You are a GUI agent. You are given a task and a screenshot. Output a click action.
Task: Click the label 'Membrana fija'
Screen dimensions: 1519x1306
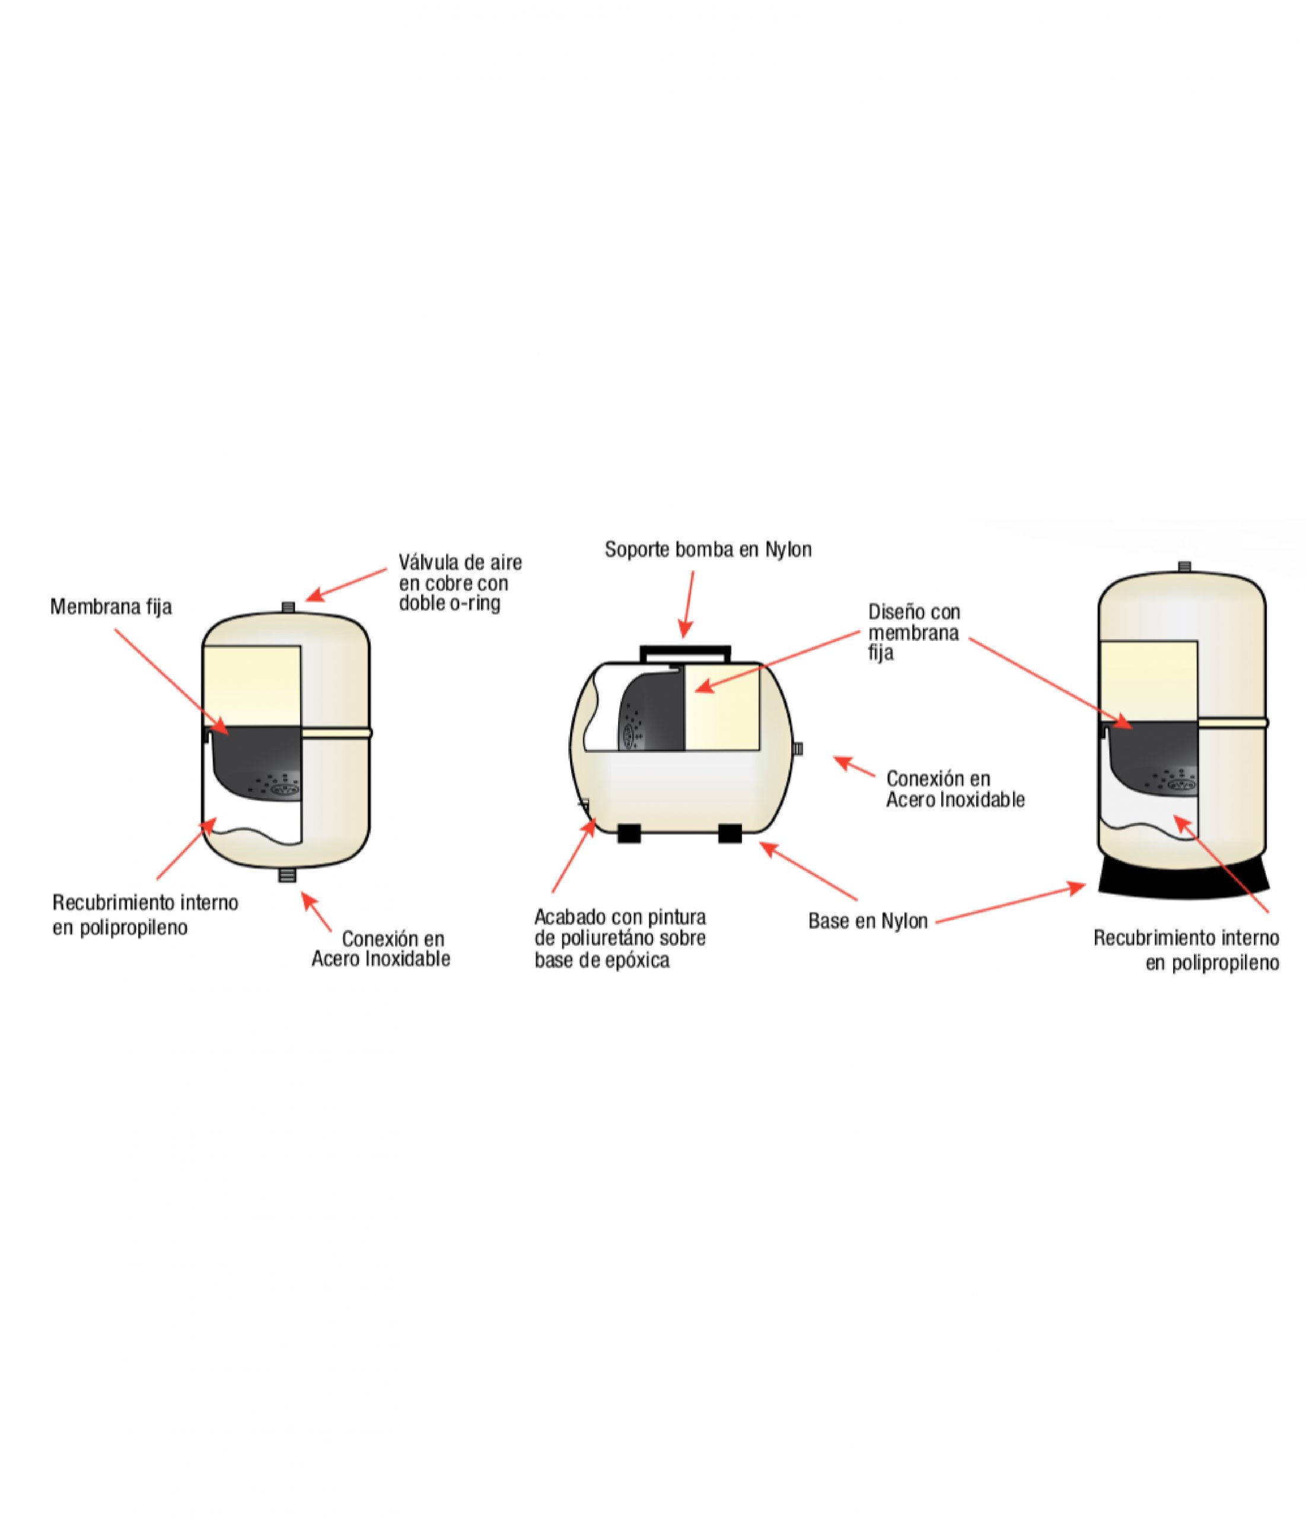pos(111,607)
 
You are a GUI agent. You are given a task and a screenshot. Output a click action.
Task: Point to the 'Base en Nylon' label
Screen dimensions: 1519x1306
pos(868,921)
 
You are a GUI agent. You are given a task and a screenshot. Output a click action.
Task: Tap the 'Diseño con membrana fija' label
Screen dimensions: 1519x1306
pos(913,632)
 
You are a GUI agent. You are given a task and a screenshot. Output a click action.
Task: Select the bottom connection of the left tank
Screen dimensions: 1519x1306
pos(287,874)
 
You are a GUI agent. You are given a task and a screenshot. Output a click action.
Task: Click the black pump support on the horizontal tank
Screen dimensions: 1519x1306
pos(685,652)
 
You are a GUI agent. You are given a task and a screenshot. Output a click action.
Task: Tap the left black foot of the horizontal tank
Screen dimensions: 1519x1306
pos(629,833)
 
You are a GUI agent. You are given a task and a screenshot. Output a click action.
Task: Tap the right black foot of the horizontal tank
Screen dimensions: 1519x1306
pos(731,833)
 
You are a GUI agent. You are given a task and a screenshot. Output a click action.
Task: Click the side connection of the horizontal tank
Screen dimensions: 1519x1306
pos(799,748)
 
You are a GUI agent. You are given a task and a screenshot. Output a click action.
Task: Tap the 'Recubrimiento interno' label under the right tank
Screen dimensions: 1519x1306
pos(1186,950)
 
